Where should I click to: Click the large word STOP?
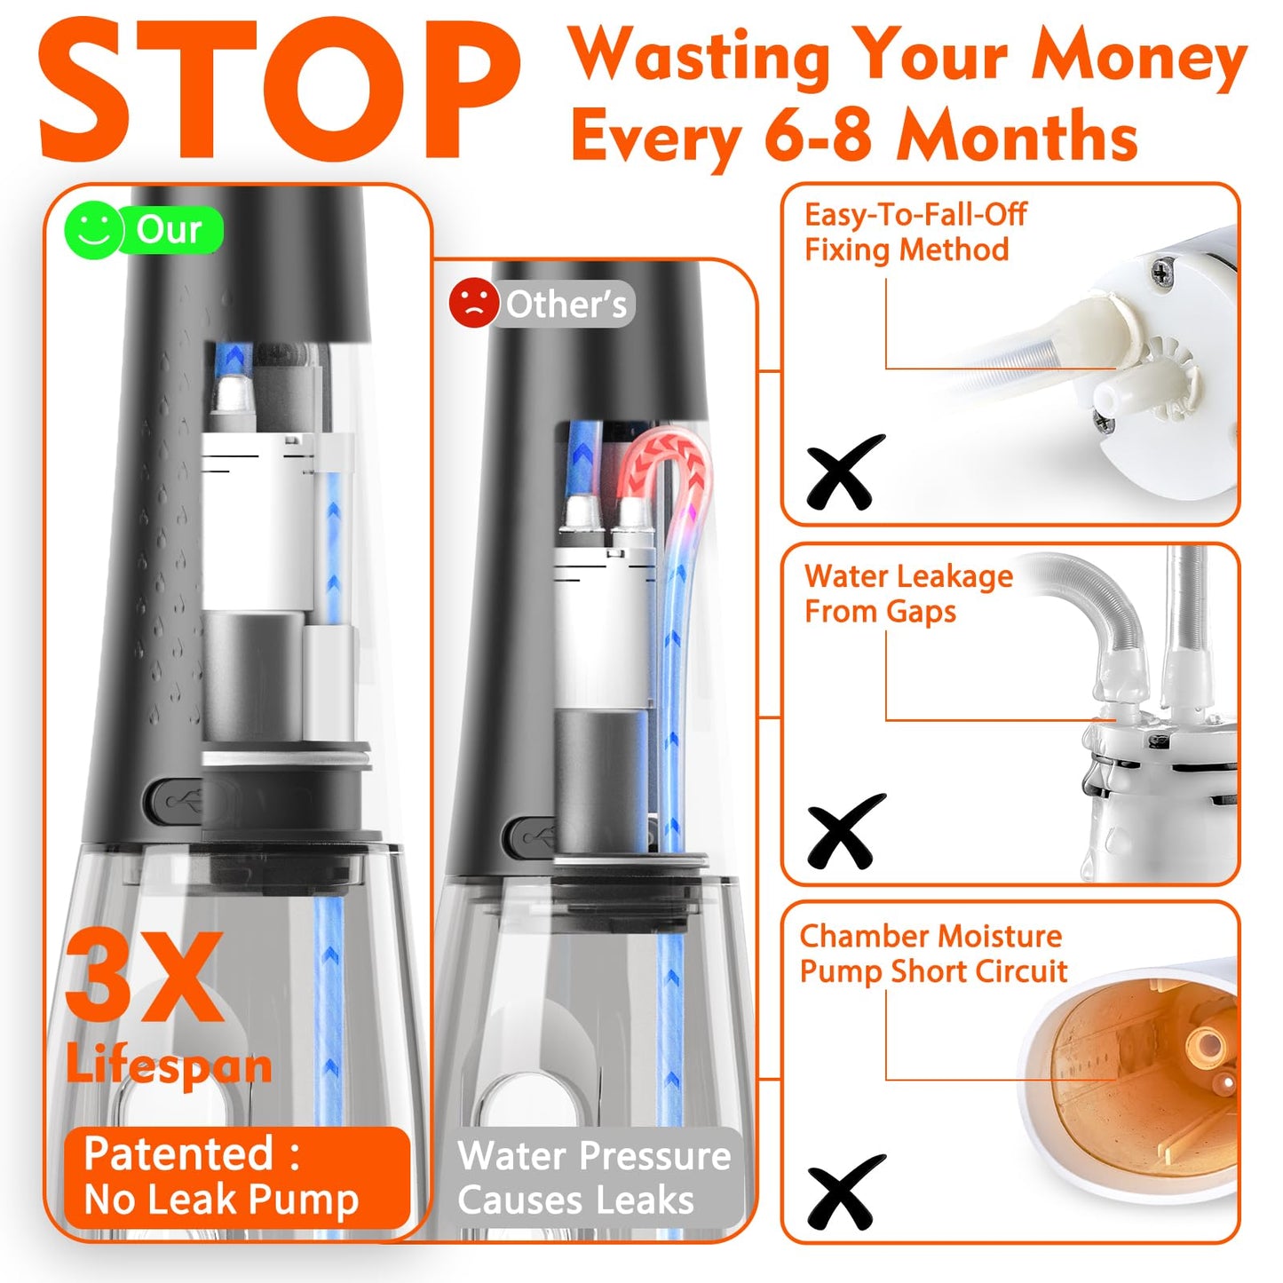click(277, 89)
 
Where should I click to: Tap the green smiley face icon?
click(93, 231)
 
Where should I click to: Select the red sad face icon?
click(473, 303)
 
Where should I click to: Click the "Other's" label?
click(566, 305)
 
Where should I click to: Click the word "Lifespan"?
click(169, 1065)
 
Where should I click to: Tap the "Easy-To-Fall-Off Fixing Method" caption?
click(915, 233)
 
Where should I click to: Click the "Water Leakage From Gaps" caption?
click(908, 594)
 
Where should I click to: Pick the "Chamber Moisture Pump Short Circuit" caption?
click(932, 954)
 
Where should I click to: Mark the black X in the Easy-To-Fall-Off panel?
click(844, 471)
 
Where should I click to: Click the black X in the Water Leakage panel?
click(844, 831)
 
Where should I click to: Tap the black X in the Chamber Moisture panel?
click(845, 1191)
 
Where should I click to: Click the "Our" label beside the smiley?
click(169, 230)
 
